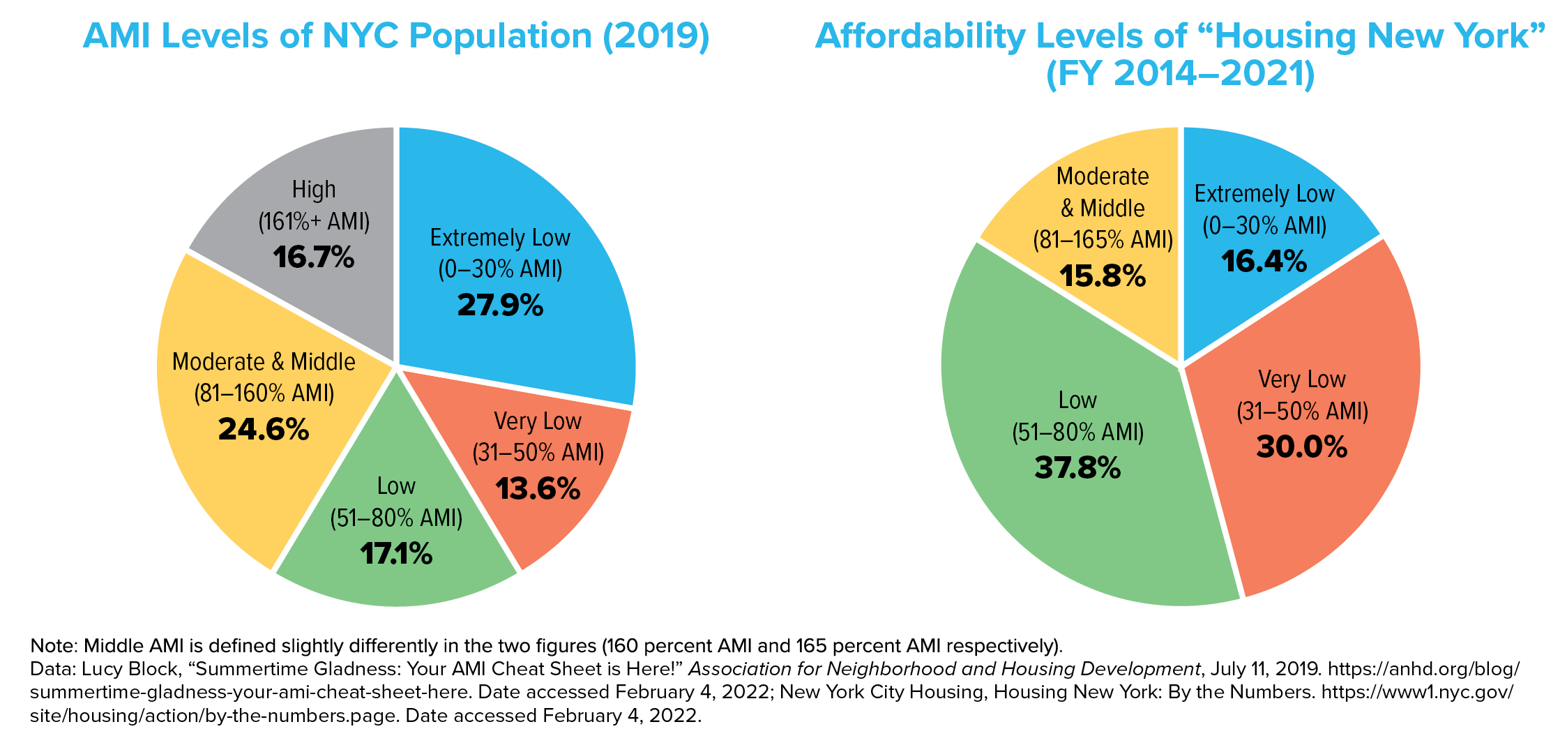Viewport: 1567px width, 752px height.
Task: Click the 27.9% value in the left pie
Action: click(x=500, y=306)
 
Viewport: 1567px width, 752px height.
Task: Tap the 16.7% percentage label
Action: click(x=314, y=257)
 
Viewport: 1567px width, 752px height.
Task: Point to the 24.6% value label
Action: click(x=264, y=430)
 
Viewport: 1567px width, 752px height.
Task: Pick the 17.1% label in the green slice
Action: click(x=396, y=555)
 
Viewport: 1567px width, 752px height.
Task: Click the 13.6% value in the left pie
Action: click(x=538, y=489)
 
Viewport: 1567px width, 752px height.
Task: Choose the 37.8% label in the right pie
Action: click(x=1077, y=468)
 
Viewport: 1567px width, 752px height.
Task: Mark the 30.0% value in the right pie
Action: click(x=1302, y=447)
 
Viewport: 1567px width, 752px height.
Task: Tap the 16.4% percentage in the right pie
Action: click(x=1264, y=262)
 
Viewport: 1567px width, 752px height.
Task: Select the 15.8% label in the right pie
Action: click(x=1103, y=276)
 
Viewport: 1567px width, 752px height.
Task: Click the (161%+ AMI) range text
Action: click(x=314, y=222)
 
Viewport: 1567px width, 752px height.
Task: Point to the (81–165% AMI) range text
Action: click(x=1103, y=240)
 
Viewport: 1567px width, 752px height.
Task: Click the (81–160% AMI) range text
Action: click(x=264, y=393)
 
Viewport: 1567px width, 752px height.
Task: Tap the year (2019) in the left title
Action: click(x=656, y=36)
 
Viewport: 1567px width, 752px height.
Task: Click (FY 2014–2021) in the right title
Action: click(x=1180, y=74)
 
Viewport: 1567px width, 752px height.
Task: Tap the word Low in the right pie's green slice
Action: click(x=1077, y=400)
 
